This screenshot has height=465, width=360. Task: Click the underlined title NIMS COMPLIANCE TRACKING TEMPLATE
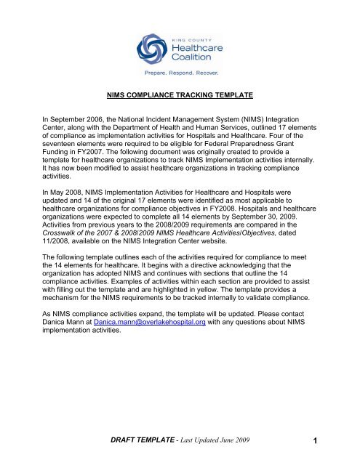click(180, 114)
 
